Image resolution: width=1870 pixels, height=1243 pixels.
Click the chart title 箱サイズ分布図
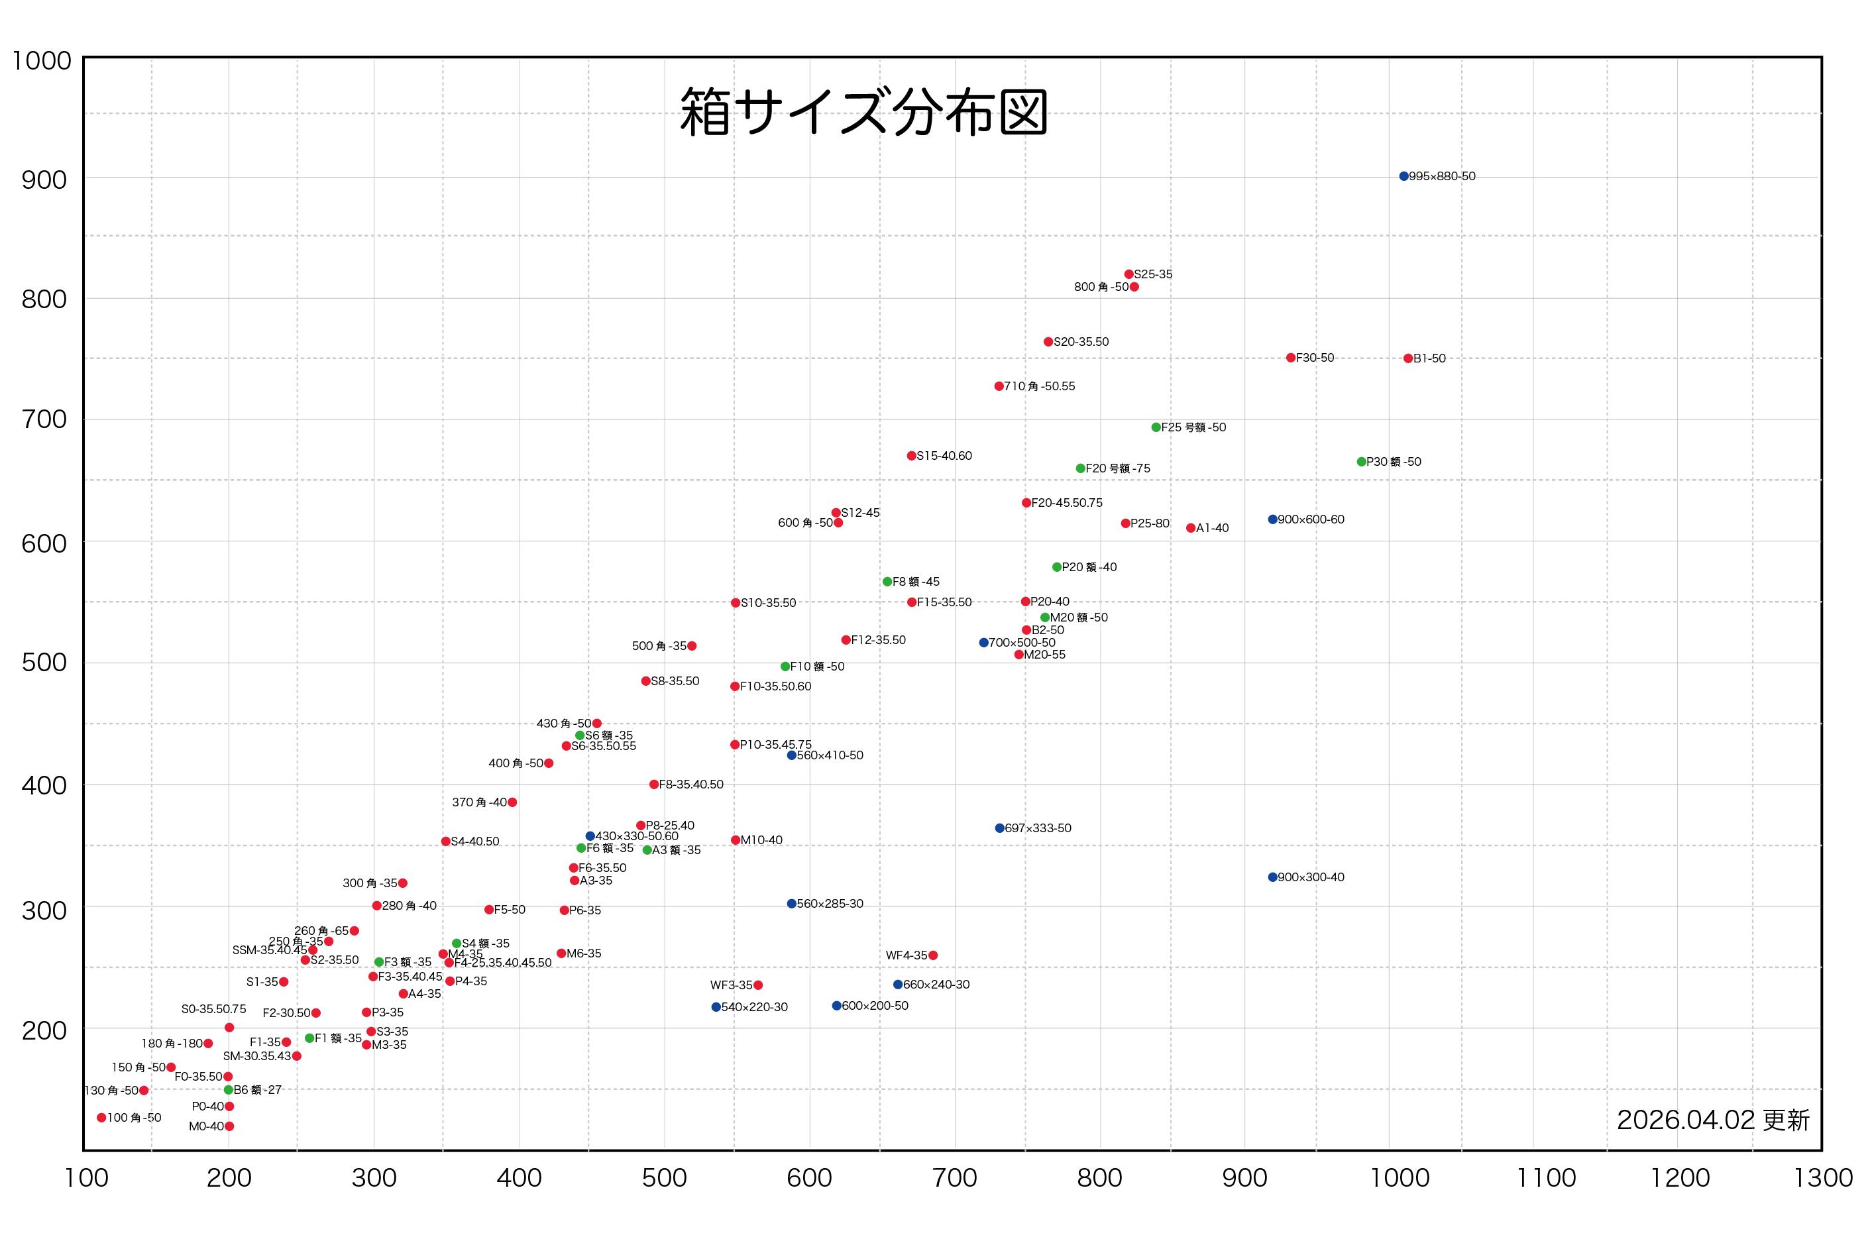pyautogui.click(x=863, y=112)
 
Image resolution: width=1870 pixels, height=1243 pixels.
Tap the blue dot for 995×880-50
pyautogui.click(x=1403, y=176)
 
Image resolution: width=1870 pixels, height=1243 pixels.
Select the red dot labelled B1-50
pyautogui.click(x=1408, y=358)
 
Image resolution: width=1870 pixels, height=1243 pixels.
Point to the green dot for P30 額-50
pyautogui.click(x=1361, y=461)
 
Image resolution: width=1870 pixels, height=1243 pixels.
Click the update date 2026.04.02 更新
pyautogui.click(x=1712, y=1120)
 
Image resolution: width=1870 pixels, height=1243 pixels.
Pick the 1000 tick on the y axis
pyautogui.click(x=41, y=61)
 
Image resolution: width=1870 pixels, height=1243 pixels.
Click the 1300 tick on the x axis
pyautogui.click(x=1822, y=1178)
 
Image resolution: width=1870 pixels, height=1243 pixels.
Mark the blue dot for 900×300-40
pyautogui.click(x=1272, y=877)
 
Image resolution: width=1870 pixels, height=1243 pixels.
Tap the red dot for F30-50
pyautogui.click(x=1291, y=358)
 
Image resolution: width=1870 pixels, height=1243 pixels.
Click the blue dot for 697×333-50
pyautogui.click(x=999, y=828)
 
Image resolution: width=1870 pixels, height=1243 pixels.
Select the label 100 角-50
pyautogui.click(x=134, y=1118)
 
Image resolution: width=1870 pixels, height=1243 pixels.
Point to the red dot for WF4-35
pyautogui.click(x=933, y=955)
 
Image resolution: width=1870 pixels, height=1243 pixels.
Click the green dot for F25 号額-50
pyautogui.click(x=1156, y=427)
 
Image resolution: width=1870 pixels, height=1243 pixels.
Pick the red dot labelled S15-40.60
pyautogui.click(x=912, y=456)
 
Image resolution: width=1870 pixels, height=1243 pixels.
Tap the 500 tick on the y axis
pyautogui.click(x=44, y=663)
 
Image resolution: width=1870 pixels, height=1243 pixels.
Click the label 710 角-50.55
pyautogui.click(x=1039, y=386)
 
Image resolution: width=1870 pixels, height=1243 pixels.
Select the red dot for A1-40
pyautogui.click(x=1191, y=528)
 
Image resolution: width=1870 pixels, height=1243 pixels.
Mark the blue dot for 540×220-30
pyautogui.click(x=716, y=1006)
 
